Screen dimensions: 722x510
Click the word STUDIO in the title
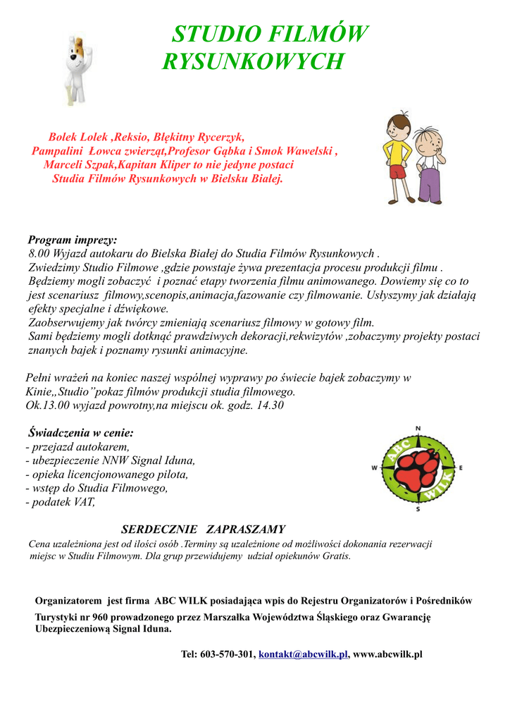click(211, 35)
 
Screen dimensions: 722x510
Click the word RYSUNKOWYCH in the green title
click(253, 62)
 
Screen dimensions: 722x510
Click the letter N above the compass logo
click(418, 429)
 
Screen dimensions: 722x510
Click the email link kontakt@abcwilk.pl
click(304, 654)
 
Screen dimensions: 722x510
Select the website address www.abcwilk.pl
click(387, 654)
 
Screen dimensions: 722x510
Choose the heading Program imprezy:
click(72, 240)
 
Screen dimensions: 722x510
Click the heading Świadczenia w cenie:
click(80, 433)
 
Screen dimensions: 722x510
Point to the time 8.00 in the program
click(41, 253)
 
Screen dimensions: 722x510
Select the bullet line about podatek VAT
click(60, 502)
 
